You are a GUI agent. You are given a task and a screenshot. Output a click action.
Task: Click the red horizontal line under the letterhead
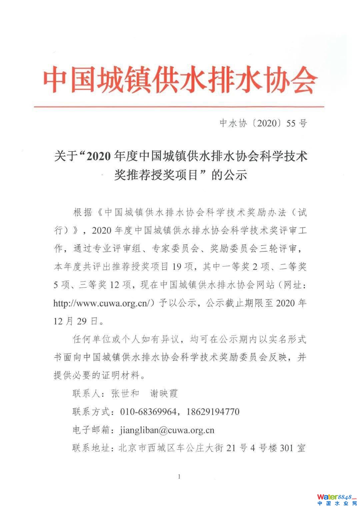pos(180,107)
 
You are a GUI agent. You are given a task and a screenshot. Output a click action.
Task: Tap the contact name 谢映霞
pos(164,393)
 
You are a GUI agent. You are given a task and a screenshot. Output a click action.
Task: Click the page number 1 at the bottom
pos(179,477)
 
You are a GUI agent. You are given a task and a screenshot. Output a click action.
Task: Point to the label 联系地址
pos(91,448)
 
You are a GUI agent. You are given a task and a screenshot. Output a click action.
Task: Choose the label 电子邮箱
pos(91,430)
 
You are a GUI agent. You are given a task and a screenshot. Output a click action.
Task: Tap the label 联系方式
pos(91,412)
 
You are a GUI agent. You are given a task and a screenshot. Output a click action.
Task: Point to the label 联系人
pos(86,393)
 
